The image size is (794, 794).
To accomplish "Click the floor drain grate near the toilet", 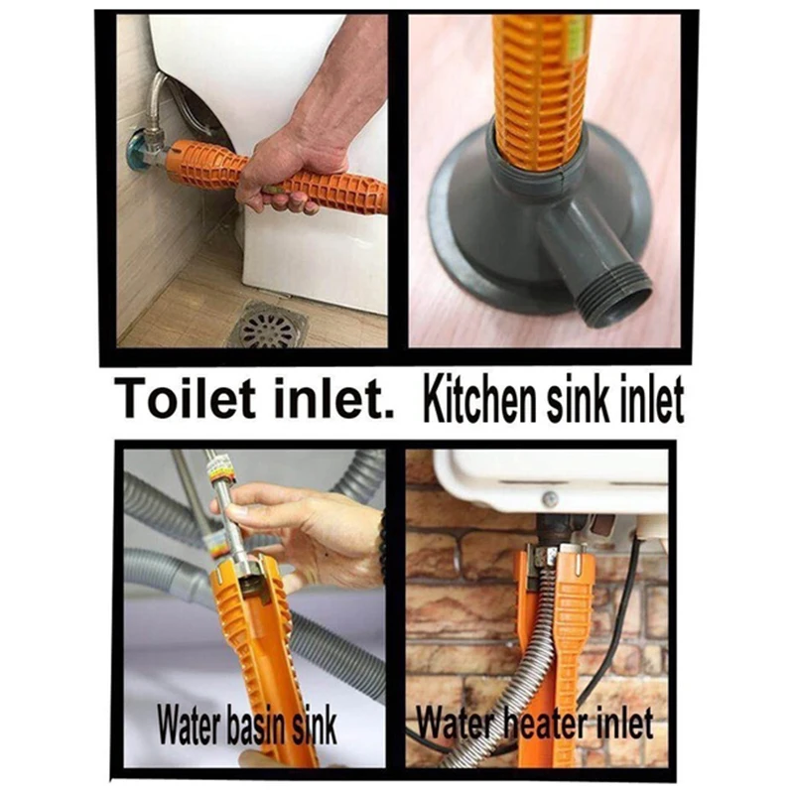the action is pos(265,325).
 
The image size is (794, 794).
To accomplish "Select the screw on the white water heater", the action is pos(550,500).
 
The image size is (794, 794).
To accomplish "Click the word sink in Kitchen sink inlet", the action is pos(587,399).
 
